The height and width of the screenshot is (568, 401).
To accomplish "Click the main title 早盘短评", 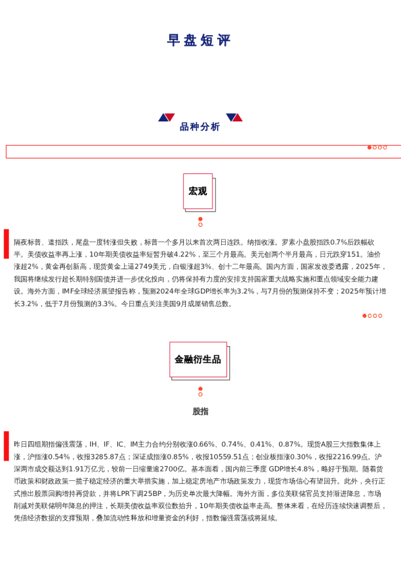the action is point(199,40).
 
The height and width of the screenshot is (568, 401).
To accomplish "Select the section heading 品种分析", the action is point(199,127).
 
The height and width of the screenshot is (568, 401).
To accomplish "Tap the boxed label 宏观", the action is point(197,192).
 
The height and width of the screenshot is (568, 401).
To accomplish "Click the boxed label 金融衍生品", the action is point(197,360).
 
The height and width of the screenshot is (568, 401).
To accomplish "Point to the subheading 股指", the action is point(200,411).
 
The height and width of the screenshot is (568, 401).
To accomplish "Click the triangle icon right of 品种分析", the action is point(234,117).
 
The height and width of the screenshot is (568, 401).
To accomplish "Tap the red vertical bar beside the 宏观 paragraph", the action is point(7,244).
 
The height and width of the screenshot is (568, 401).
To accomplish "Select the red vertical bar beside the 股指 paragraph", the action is point(7,446).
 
